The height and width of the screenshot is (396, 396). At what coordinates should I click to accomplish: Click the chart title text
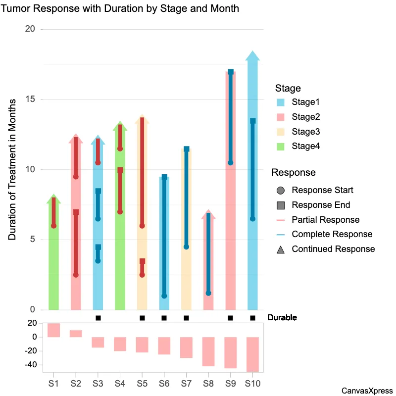coord(120,8)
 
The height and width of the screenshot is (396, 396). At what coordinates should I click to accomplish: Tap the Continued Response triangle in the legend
coord(281,249)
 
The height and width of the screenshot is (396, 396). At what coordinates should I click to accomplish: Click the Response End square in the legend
coord(281,205)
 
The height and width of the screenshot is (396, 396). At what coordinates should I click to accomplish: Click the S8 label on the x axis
coord(208,383)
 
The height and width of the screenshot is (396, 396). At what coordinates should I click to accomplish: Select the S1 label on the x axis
coord(53,383)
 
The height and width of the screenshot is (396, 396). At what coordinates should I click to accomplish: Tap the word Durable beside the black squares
coord(282,318)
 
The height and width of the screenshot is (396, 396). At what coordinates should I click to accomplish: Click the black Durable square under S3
coord(98,318)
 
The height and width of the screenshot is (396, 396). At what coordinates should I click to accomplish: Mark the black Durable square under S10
coord(252,318)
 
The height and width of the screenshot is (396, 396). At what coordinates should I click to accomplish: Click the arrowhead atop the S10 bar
coord(252,56)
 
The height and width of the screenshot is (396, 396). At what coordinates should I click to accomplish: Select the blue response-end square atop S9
coord(231,72)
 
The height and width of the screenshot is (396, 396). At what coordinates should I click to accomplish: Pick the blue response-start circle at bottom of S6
coord(164,296)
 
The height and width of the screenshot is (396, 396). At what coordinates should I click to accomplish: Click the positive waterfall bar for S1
coord(53,330)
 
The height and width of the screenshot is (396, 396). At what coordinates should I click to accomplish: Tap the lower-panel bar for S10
coord(252,354)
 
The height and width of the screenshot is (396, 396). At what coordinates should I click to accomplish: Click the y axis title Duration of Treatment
coord(12,170)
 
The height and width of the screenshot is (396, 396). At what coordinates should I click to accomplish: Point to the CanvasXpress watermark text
coord(367,391)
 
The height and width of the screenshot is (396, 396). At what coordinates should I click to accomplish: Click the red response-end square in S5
coord(142,261)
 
